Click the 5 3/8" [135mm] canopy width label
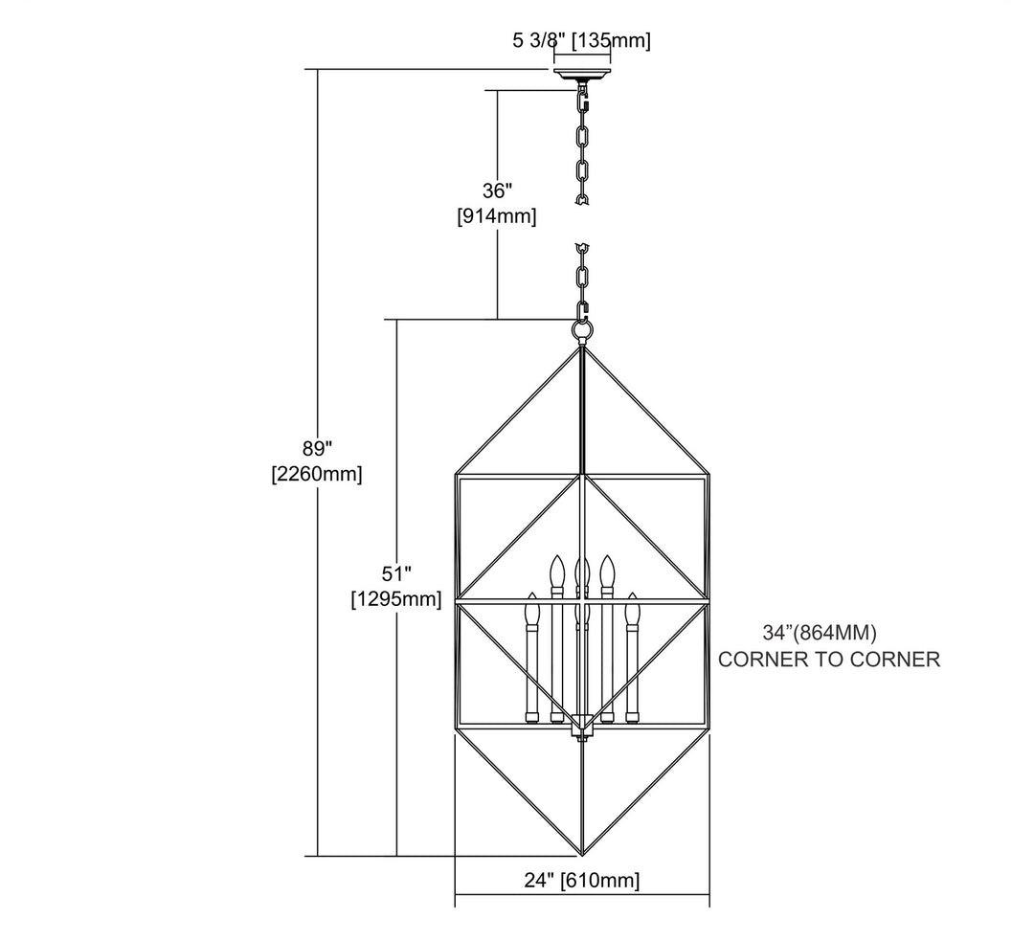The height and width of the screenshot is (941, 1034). click(581, 41)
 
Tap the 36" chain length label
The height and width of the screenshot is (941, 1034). click(497, 190)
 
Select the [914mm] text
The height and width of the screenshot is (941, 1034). click(497, 216)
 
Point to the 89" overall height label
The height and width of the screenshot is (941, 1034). click(317, 448)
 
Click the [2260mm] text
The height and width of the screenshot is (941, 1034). click(317, 474)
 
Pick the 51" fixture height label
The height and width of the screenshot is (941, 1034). click(396, 573)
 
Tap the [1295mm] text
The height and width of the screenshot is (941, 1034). click(395, 599)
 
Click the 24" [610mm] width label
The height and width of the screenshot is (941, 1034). click(582, 880)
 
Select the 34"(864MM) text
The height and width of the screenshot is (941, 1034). click(820, 633)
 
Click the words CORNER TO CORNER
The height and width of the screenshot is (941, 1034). click(829, 660)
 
